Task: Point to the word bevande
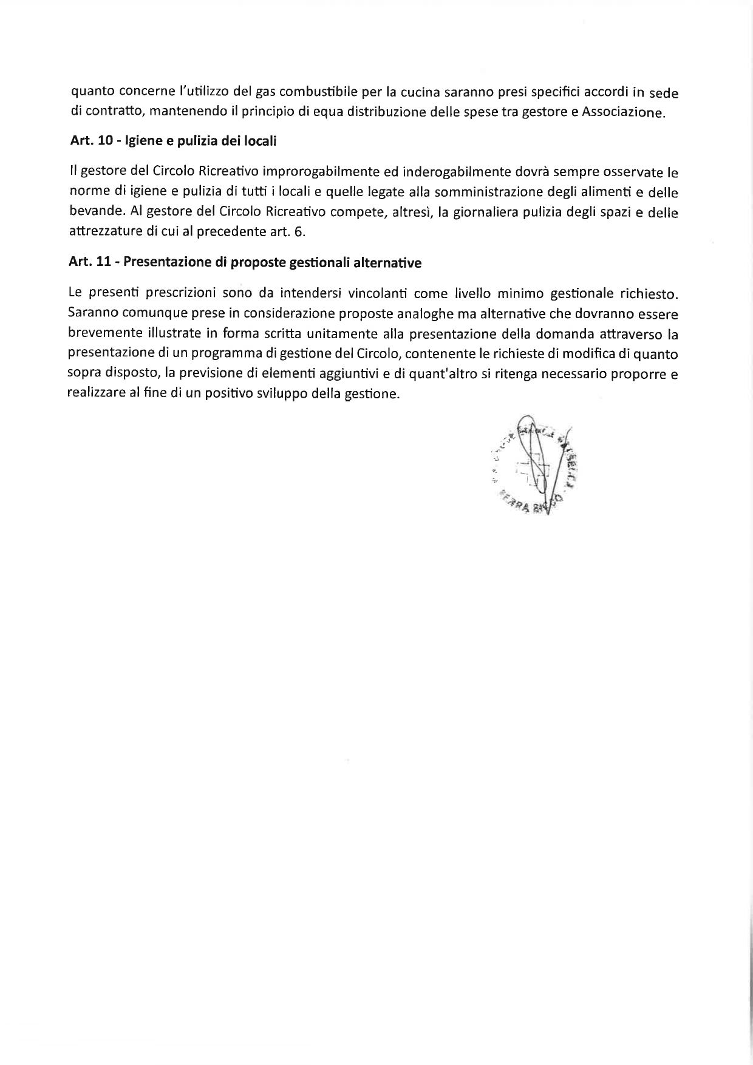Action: coord(96,213)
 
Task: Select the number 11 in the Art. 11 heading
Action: coord(106,264)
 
